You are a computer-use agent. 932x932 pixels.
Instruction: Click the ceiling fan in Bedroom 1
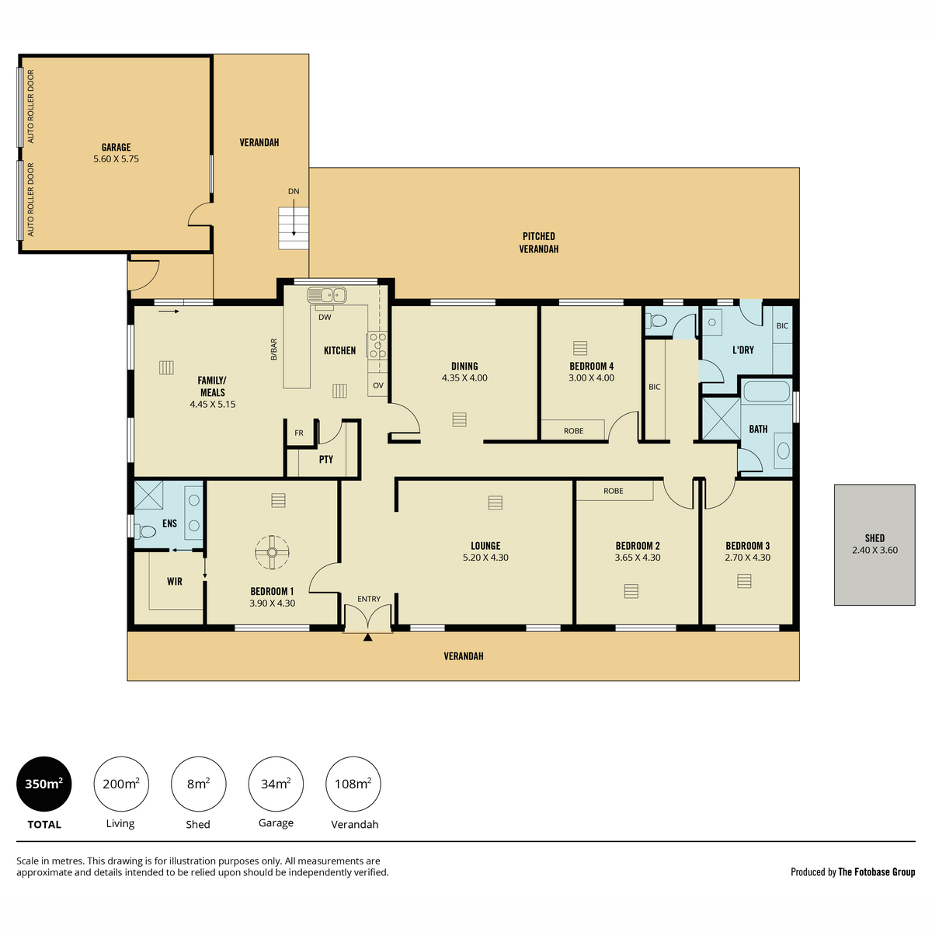272,552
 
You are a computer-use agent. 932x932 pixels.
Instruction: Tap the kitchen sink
326,294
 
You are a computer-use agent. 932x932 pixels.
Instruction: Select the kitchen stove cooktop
377,346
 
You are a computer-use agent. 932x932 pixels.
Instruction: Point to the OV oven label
377,385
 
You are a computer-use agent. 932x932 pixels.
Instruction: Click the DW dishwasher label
325,318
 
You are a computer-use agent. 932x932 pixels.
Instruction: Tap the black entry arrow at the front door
367,638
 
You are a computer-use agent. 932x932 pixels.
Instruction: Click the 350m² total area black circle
44,784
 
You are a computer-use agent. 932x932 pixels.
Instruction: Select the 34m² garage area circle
276,784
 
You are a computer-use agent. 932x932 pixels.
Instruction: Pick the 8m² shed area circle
198,784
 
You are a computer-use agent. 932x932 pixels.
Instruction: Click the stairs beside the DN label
293,228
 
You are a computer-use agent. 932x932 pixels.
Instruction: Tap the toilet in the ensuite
145,532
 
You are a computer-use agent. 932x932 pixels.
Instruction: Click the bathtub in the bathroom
766,391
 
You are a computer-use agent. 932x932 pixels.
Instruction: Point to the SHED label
875,537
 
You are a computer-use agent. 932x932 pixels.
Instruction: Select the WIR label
175,582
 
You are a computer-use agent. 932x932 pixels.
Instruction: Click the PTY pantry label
326,459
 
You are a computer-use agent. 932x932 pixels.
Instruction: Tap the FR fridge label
299,433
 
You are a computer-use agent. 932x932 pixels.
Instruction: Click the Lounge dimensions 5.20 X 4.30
485,557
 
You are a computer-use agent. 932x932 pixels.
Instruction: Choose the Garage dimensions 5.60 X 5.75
116,158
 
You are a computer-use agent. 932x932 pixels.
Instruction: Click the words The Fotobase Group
876,872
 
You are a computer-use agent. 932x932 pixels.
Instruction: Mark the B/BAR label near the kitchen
273,349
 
